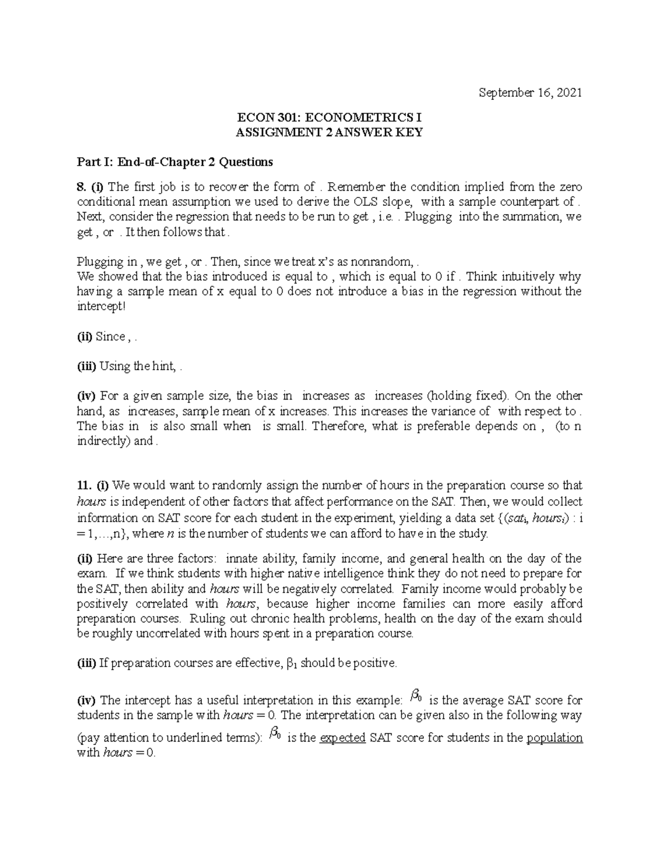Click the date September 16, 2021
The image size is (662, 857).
(x=530, y=93)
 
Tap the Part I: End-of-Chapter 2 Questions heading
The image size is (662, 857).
(x=175, y=162)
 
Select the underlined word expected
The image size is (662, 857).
(x=343, y=738)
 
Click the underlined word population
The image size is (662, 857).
(x=554, y=738)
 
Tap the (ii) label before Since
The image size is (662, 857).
(x=85, y=337)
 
